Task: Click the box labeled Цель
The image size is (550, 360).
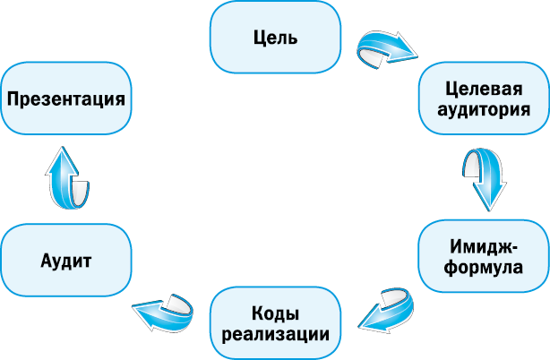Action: [x=275, y=39]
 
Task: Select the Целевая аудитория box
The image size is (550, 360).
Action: [x=484, y=100]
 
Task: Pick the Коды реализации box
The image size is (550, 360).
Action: [x=275, y=323]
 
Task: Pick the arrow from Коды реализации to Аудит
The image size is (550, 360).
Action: [x=166, y=310]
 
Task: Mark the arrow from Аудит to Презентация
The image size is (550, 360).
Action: [x=67, y=178]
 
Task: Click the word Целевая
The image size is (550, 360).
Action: [x=484, y=90]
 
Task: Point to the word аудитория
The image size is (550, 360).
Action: [x=484, y=110]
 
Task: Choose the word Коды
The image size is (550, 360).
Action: [x=275, y=313]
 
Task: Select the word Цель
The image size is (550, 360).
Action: [x=275, y=39]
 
